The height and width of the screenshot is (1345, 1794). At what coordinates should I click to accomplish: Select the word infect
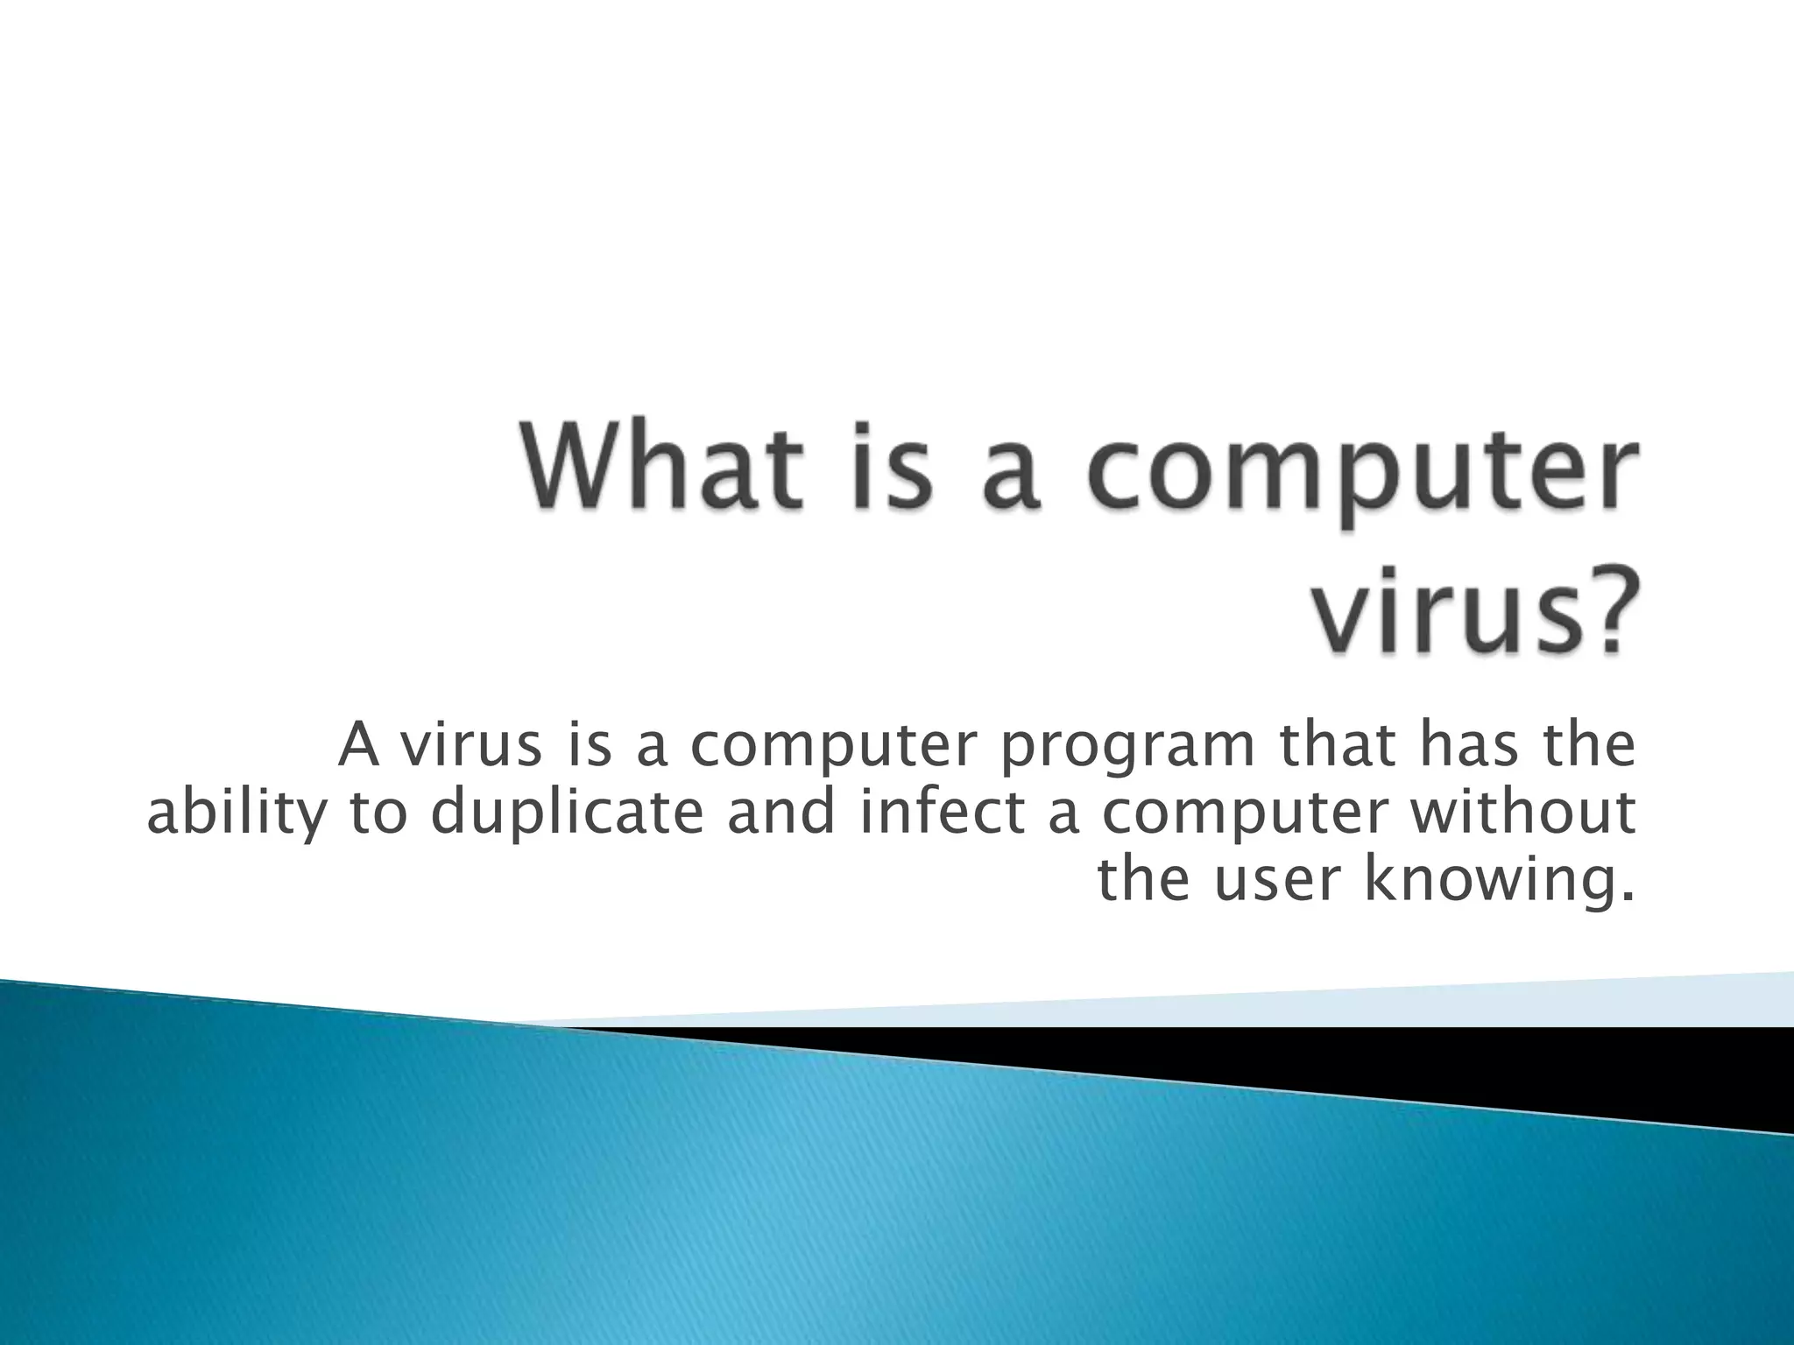click(x=941, y=812)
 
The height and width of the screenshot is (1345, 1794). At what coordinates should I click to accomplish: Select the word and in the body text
click(x=780, y=812)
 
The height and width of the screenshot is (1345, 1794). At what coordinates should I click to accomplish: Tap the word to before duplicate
click(x=378, y=813)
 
